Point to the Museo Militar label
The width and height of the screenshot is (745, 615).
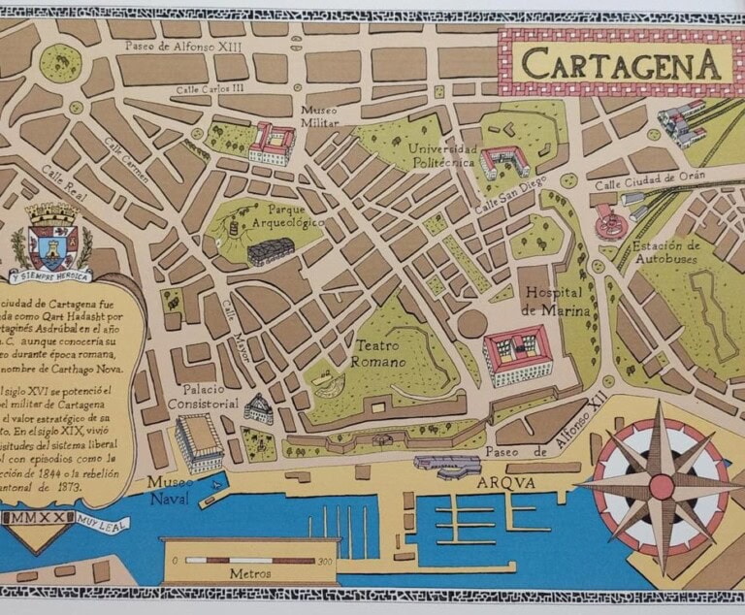pyautogui.click(x=320, y=116)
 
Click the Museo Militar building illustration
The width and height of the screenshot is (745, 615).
pyautogui.click(x=271, y=144)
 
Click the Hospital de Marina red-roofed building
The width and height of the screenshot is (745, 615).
pyautogui.click(x=516, y=353)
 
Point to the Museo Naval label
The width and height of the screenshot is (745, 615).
pyautogui.click(x=169, y=490)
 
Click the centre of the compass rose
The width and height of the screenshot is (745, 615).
pyautogui.click(x=660, y=482)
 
